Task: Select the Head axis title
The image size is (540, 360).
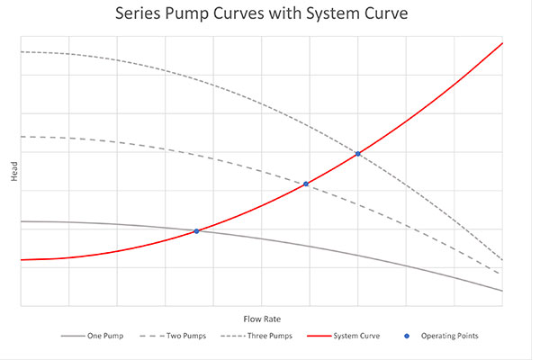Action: [x=13, y=171]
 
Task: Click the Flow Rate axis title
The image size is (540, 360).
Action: [x=261, y=319]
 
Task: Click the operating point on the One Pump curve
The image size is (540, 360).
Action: [x=196, y=231]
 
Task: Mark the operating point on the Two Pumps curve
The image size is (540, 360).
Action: [x=306, y=184]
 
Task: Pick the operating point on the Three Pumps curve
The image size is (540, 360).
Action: [x=358, y=154]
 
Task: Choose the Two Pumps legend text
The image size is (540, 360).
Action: [x=186, y=337]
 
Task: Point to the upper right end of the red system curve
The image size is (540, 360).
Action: [x=501, y=42]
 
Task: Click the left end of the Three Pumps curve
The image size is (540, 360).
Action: [x=21, y=51]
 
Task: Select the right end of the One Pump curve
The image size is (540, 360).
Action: [x=501, y=291]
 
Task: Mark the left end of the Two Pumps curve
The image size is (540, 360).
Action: [x=21, y=137]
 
